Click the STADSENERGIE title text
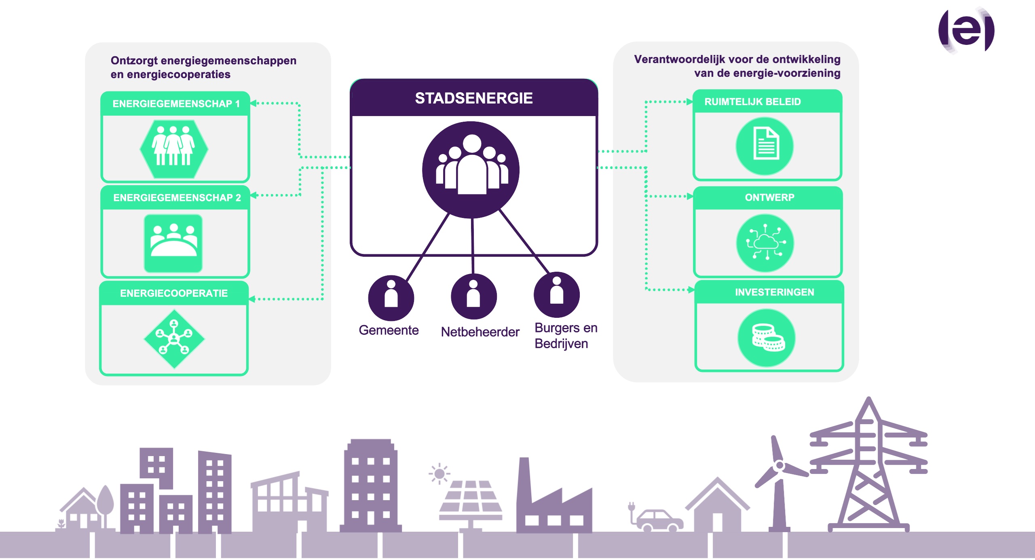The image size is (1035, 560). tap(474, 98)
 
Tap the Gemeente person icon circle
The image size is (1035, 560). tap(391, 298)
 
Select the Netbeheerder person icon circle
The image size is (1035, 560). tap(473, 296)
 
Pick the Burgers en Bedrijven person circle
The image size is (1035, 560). tap(557, 294)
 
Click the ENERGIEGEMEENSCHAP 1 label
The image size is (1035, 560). tap(176, 104)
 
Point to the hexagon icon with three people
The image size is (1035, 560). tap(174, 149)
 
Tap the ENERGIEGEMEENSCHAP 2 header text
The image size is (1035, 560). tap(177, 198)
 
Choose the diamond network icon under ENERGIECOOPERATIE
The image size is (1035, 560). tap(174, 339)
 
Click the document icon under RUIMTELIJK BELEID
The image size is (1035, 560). tap(765, 146)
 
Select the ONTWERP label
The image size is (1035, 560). tap(769, 198)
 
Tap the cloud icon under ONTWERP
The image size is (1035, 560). tap(765, 243)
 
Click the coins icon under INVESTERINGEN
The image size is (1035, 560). tap(767, 338)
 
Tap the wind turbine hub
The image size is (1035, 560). tap(779, 466)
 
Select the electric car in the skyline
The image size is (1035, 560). tap(658, 520)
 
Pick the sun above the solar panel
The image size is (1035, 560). tap(439, 473)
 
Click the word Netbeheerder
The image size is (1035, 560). tap(480, 332)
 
